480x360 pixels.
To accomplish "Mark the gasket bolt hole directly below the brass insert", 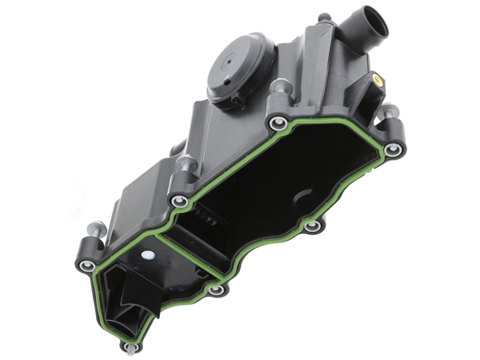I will click(x=391, y=150).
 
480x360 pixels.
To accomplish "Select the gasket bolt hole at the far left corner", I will click(x=88, y=265).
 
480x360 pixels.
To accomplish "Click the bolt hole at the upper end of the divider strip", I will click(x=179, y=200).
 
